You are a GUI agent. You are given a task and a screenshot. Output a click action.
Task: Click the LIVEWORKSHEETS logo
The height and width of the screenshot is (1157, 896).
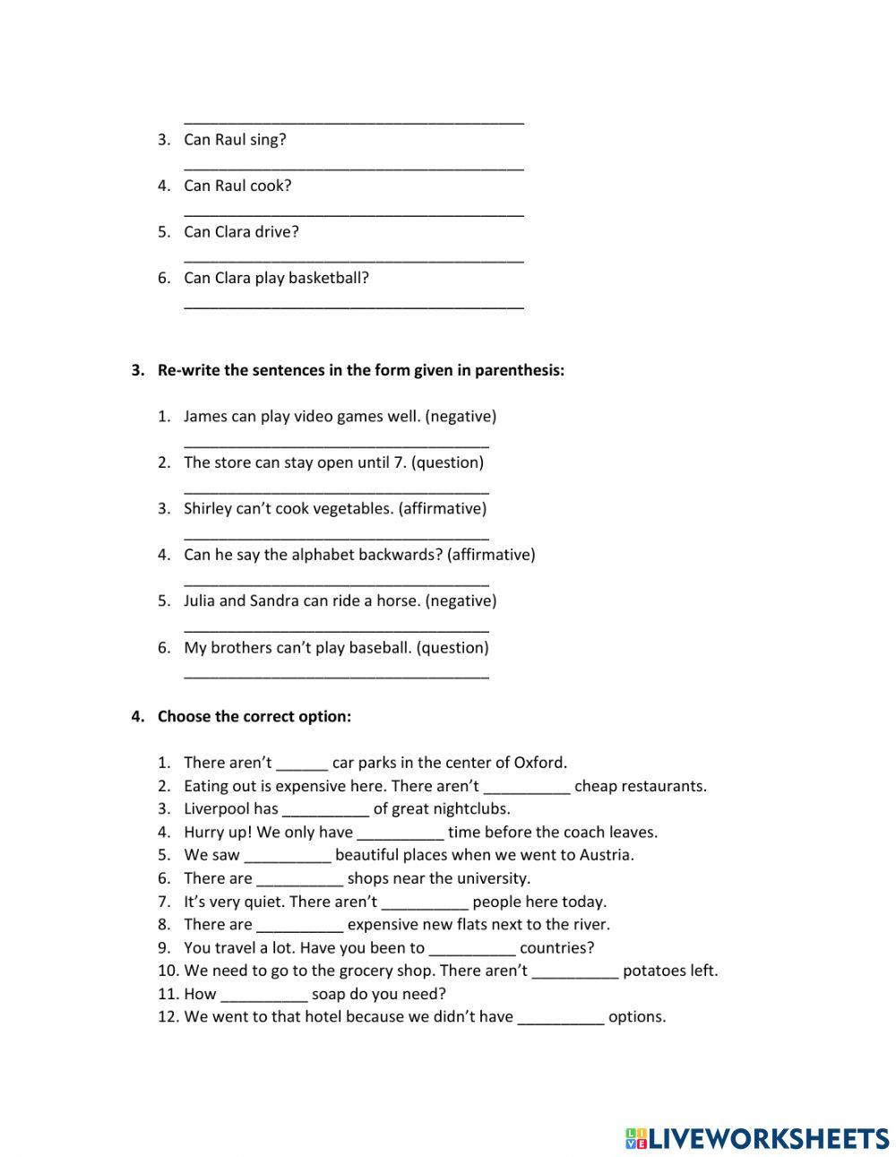click(x=757, y=1138)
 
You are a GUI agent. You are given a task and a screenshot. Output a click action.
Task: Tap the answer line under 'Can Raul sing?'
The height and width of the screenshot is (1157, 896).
click(x=353, y=165)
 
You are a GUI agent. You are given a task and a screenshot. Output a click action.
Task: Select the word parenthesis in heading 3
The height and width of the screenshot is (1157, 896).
click(x=519, y=370)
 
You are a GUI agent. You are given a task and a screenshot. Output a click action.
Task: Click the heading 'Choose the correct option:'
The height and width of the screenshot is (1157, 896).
click(x=254, y=716)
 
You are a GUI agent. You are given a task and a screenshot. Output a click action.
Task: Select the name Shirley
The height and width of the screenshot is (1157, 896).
click(x=208, y=508)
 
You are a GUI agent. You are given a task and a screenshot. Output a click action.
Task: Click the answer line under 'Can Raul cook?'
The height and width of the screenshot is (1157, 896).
click(x=353, y=212)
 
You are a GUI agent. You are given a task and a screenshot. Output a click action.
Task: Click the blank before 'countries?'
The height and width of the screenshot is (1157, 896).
click(x=472, y=949)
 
